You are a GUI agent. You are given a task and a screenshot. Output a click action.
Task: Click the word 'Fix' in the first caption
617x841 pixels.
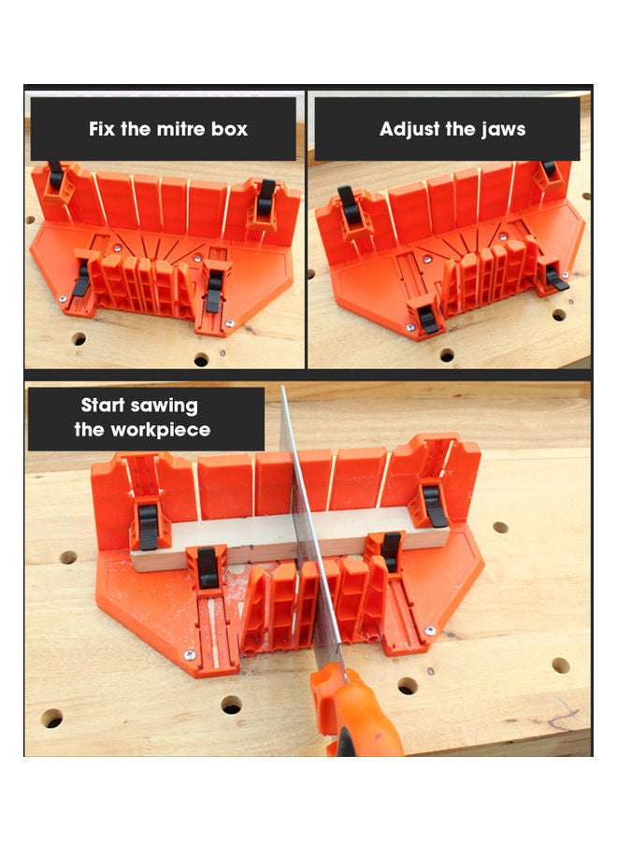pyautogui.click(x=102, y=129)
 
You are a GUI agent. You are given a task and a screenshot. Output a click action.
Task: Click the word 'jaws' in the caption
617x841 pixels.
pyautogui.click(x=503, y=129)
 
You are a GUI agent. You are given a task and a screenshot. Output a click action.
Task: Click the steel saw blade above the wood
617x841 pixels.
pyautogui.click(x=294, y=449)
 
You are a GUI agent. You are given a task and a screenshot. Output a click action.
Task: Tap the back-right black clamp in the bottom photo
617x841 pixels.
pyautogui.click(x=434, y=505)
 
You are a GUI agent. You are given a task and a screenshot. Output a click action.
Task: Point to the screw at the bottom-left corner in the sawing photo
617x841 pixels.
pyautogui.click(x=190, y=655)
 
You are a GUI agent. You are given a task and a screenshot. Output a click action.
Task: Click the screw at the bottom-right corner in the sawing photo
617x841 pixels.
pyautogui.click(x=431, y=633)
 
